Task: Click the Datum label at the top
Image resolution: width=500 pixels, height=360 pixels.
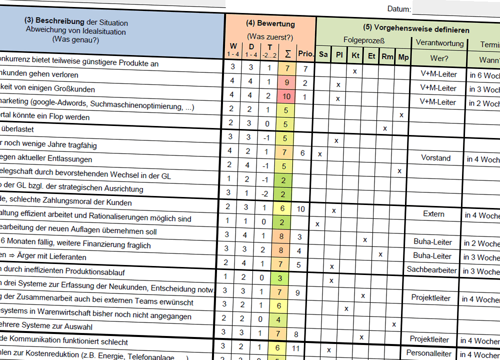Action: pos(399,9)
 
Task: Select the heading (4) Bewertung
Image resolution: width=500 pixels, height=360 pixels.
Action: pos(270,23)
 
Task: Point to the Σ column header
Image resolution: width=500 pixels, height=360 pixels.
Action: pos(287,53)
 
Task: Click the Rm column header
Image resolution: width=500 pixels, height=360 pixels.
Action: pos(387,56)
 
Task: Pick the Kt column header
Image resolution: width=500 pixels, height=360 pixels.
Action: pos(355,55)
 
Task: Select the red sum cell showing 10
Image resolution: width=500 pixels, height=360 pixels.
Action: pos(286,96)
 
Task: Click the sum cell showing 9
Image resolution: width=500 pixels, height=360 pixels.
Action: pos(286,82)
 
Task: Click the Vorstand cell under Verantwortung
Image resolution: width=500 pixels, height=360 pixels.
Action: pos(435,158)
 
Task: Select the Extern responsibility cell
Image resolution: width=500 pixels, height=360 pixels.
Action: pos(433,214)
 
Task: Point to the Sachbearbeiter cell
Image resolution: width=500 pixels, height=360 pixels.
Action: pos(431,270)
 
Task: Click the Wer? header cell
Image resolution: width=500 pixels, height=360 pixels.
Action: pos(439,58)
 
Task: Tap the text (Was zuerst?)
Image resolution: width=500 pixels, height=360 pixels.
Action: pos(270,36)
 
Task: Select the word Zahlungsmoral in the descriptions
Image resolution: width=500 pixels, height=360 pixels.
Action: pos(74,202)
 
